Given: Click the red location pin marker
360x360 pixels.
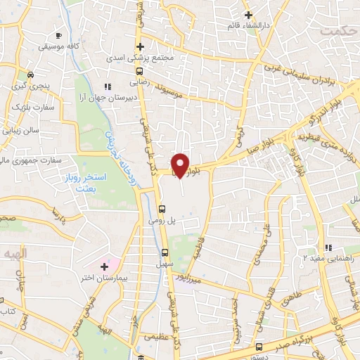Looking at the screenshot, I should pyautogui.click(x=181, y=165).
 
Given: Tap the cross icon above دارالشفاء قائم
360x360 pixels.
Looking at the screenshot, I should pyautogui.click(x=247, y=14).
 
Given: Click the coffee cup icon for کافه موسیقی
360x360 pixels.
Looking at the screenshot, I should pyautogui.click(x=58, y=34).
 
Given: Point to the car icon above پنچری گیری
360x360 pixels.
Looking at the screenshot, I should pyautogui.click(x=30, y=75).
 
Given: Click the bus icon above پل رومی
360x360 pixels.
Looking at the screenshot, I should pyautogui.click(x=162, y=209).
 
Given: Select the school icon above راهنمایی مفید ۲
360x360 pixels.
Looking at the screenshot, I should pyautogui.click(x=328, y=247).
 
